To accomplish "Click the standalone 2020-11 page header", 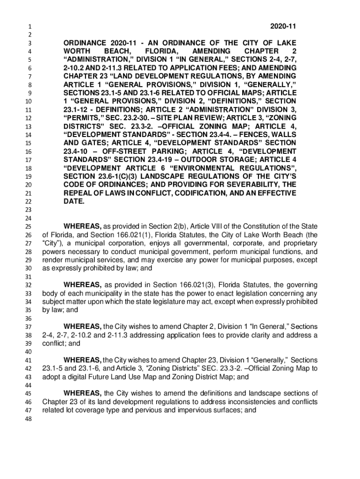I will pyautogui.click(x=284, y=26).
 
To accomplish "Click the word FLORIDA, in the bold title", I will pyautogui.click(x=162, y=51).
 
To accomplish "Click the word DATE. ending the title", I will pyautogui.click(x=74, y=202).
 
